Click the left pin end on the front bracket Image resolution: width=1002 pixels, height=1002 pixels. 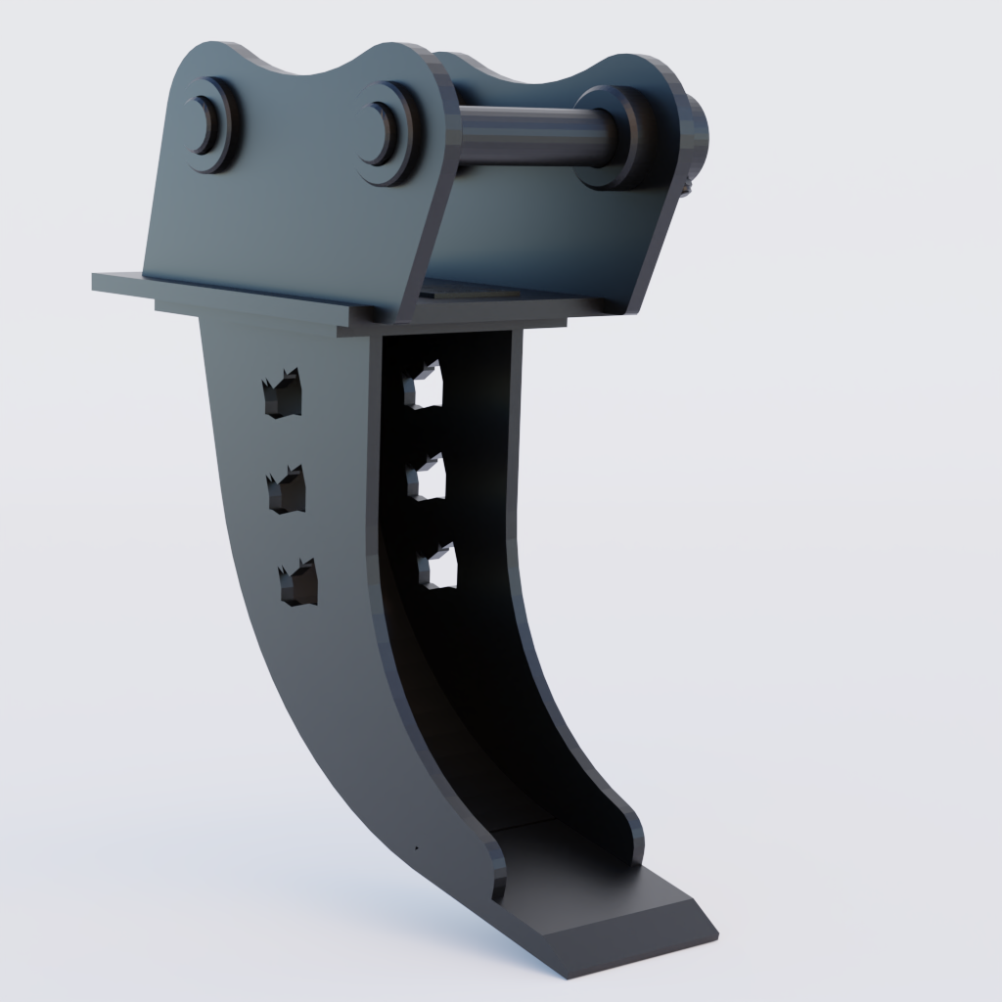(x=206, y=125)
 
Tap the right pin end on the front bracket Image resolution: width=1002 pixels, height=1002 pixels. (x=384, y=133)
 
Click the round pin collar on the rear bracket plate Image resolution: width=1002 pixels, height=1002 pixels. (x=612, y=137)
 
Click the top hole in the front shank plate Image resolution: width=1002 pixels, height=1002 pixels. (x=283, y=395)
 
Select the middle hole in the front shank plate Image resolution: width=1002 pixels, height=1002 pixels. (x=287, y=490)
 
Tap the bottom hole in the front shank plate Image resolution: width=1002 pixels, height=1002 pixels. (x=297, y=582)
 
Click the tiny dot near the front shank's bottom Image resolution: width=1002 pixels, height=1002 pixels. (x=415, y=847)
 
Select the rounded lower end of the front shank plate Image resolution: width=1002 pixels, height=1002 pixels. (x=494, y=871)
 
